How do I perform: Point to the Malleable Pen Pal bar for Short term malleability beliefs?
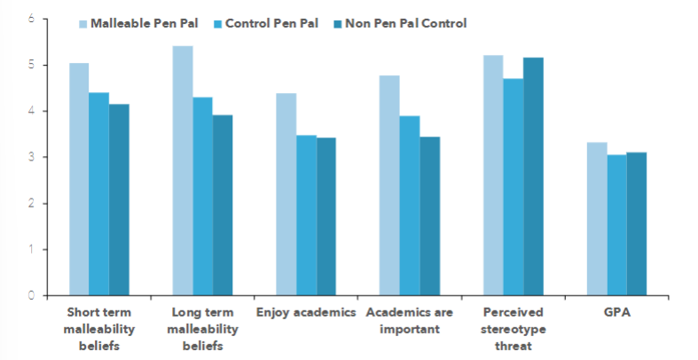point(79,178)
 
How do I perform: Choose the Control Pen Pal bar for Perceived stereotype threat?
point(513,186)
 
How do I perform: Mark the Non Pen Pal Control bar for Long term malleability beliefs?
point(223,205)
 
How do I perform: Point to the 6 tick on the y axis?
point(32,19)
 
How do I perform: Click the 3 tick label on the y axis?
point(32,157)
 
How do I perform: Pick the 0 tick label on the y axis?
point(32,295)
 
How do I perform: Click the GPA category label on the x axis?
point(616,313)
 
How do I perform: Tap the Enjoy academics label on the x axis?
point(305,313)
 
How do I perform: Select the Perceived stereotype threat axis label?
point(513,329)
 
